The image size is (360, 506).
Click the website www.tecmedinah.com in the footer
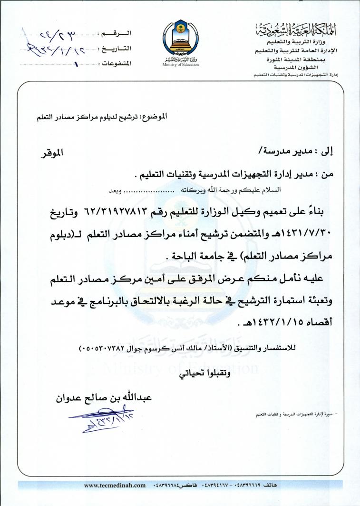tap(115, 485)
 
